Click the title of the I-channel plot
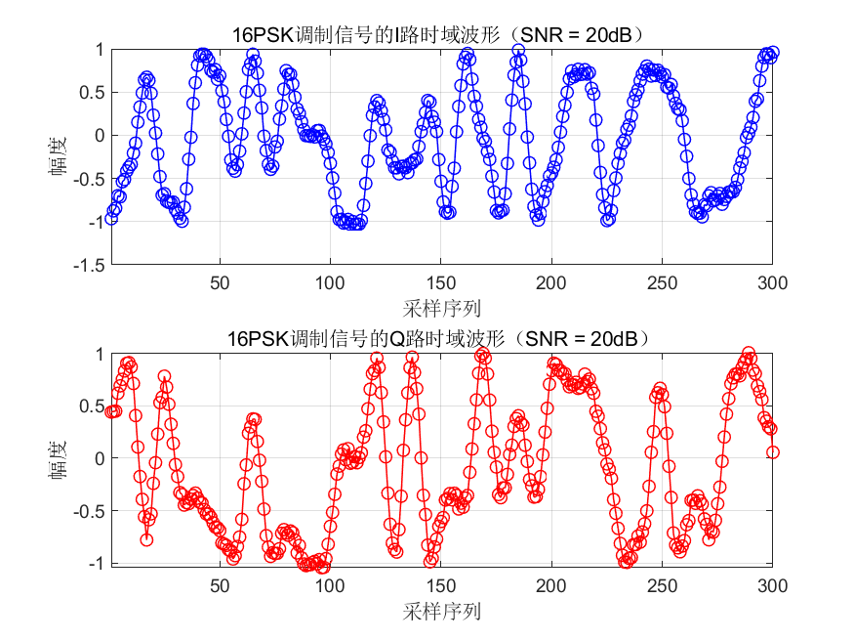pos(439,35)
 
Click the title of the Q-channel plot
pos(439,340)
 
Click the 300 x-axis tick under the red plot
pos(772,585)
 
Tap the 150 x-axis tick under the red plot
pos(440,585)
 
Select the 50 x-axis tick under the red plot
pos(220,585)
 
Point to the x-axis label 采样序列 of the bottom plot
pos(441,612)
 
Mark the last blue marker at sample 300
pos(772,53)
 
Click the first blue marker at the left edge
pos(111,218)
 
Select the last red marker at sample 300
pos(772,452)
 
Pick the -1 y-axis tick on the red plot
pos(98,564)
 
